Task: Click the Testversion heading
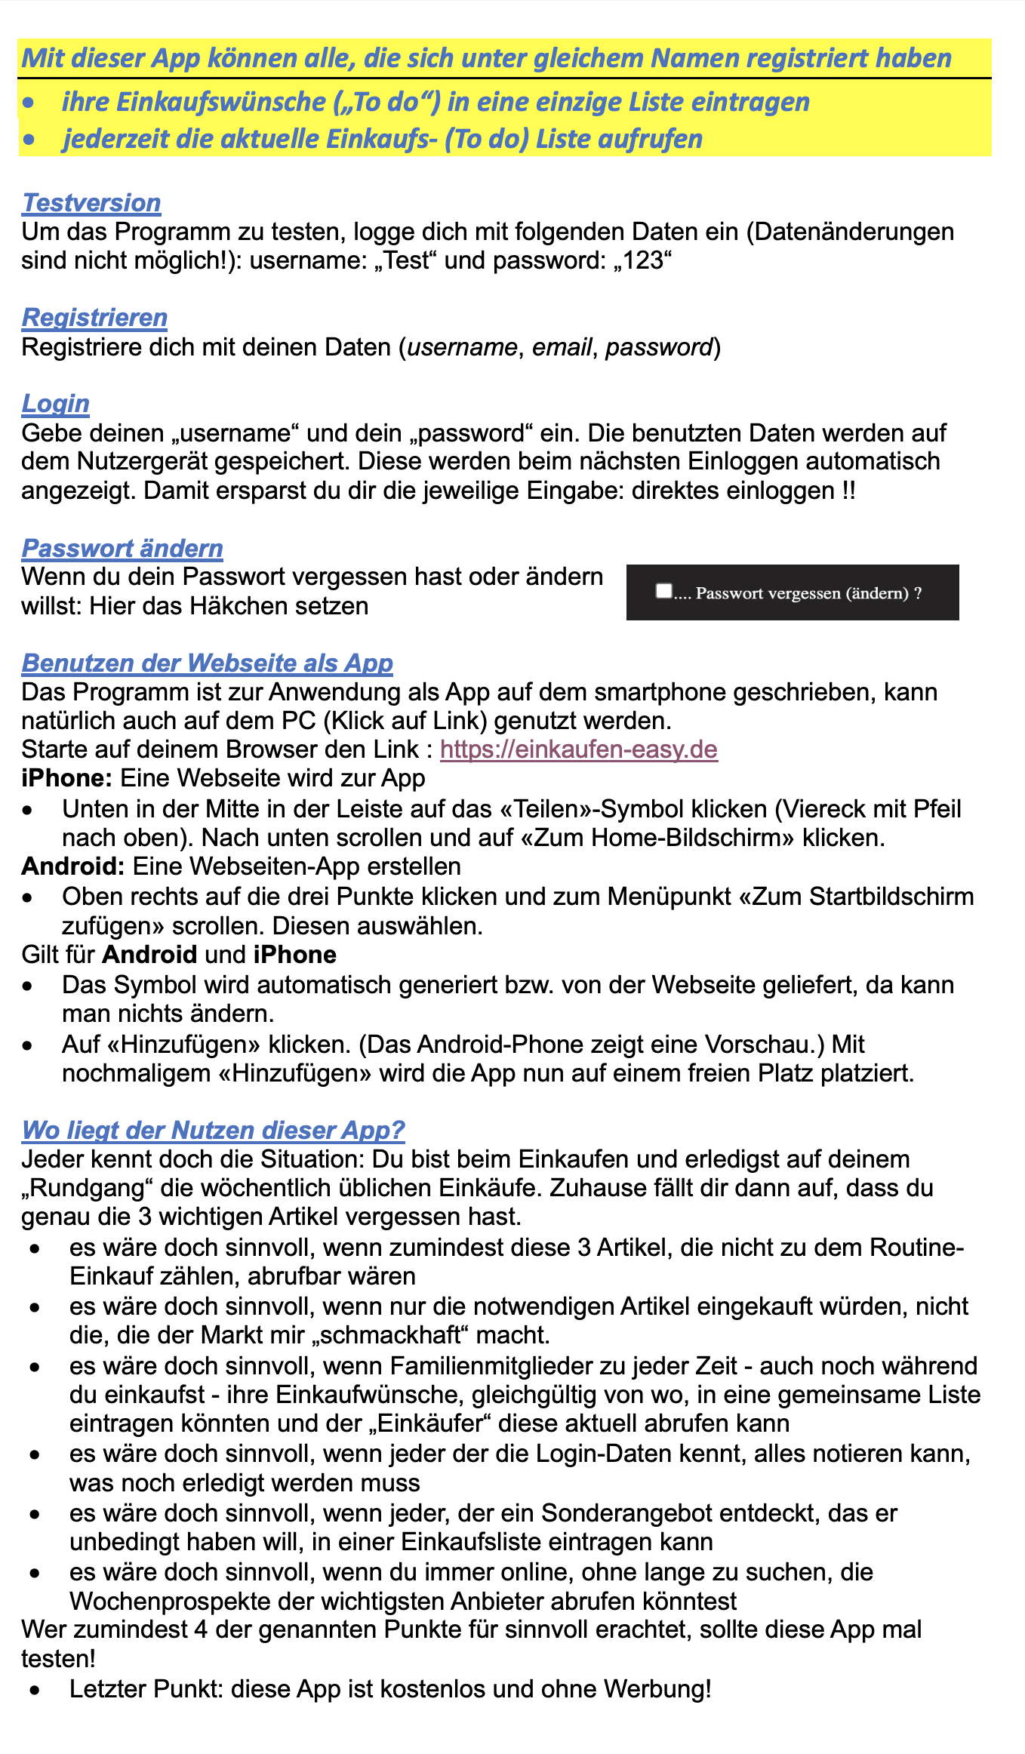coord(91,203)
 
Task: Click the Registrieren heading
coord(94,318)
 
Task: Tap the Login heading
coord(56,404)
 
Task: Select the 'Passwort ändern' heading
coord(122,549)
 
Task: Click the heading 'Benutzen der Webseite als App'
coord(208,663)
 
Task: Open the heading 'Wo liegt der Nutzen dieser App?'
coord(214,1131)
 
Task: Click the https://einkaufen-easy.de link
coord(578,749)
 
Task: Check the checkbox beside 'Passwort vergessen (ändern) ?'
coord(663,591)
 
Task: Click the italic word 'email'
coord(562,347)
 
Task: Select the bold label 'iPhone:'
coord(67,778)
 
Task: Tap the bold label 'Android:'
coord(72,866)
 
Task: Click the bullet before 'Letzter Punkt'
coord(34,1690)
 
